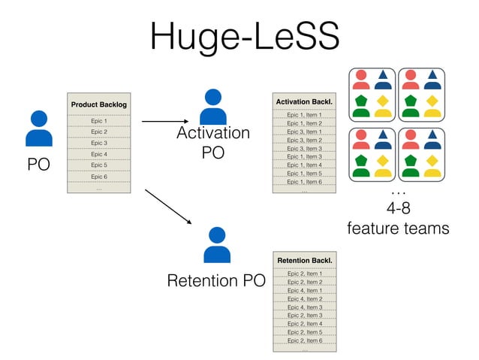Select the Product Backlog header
98,104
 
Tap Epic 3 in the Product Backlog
98,143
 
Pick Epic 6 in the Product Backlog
98,177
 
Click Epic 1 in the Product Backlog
98,120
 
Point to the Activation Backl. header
304,101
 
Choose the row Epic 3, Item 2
304,140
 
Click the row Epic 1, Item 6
304,182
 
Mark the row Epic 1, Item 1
304,115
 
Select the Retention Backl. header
304,260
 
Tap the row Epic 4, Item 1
304,290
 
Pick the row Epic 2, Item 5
304,332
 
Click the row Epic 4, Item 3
304,307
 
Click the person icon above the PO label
38,129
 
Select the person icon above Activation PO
213,107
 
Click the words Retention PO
216,282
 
